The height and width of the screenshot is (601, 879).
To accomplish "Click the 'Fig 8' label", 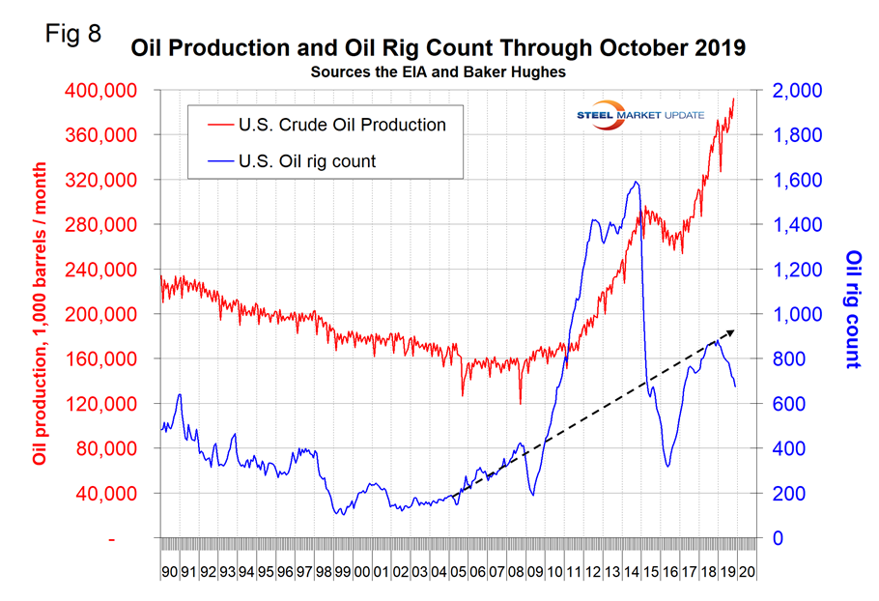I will pyautogui.click(x=73, y=33).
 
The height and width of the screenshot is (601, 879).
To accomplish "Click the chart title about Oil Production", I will pyautogui.click(x=439, y=48).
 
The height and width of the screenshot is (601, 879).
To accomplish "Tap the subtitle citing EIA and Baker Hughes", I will pyautogui.click(x=439, y=72).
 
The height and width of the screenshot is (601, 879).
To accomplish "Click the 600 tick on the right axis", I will pyautogui.click(x=787, y=405).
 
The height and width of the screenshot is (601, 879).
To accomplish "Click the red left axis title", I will pyautogui.click(x=40, y=314).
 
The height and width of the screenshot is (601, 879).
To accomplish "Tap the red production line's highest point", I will pyautogui.click(x=733, y=99).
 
